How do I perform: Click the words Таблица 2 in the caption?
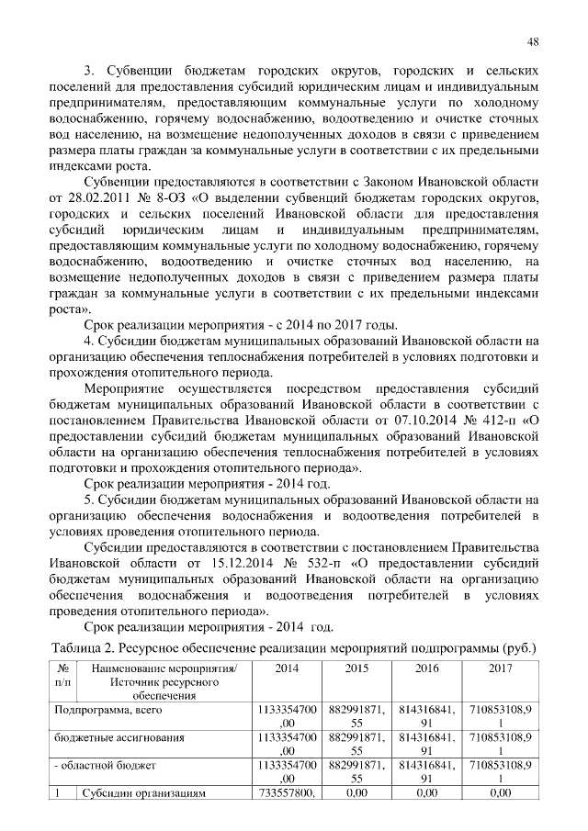[81, 648]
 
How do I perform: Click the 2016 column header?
[426, 668]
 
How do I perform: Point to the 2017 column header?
[501, 668]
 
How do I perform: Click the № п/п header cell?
[62, 676]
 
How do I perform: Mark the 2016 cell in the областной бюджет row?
[426, 771]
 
